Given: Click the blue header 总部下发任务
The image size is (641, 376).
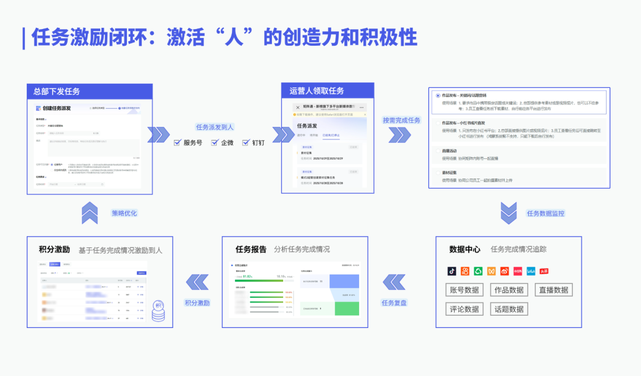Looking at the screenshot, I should pos(57,91).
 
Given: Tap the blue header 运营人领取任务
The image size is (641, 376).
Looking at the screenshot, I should pos(317,91).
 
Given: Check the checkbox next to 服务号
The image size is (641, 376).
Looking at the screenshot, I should pos(177,142).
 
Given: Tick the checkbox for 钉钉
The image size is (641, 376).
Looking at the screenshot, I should pos(246,142).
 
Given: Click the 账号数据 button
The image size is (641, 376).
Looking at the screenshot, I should pos(464,290).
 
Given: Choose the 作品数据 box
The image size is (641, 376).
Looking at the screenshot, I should pos(509,290).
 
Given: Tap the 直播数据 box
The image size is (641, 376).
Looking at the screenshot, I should pos(553,290).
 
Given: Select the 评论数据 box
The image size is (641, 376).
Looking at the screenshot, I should pos(464,309).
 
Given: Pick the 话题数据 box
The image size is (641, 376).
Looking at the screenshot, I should pos(509,309).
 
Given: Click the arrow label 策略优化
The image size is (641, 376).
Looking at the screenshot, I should pos(124,213).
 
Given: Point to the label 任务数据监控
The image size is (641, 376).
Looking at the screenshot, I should pos(545,213).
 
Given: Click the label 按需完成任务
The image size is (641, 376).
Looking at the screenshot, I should pos(401,120).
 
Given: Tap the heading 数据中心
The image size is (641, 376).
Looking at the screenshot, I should pos(465,250).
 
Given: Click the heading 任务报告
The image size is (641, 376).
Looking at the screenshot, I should pos(251,249).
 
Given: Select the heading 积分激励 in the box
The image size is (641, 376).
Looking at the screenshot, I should pos(55,250).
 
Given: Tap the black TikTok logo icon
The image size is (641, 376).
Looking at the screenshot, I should pos(452,271).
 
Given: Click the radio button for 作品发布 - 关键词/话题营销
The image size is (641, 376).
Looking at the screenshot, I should pos(437,95).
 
